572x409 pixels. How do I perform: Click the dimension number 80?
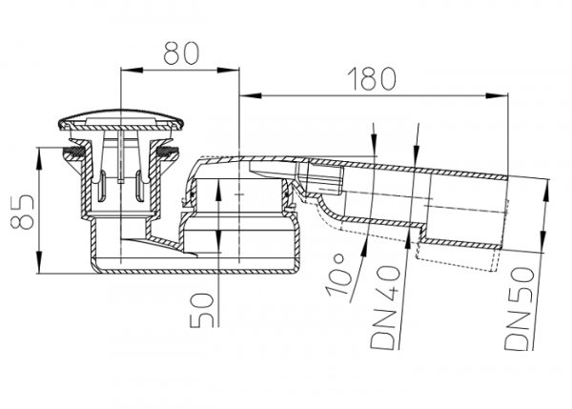tap(181, 53)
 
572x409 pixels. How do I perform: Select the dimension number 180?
tap(372, 79)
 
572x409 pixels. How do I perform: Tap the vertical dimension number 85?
tap(22, 212)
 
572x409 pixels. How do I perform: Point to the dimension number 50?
tap(202, 310)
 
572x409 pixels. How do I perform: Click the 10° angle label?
tap(338, 276)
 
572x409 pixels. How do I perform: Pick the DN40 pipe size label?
tap(384, 307)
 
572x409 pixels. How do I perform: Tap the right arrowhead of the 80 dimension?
tap(228, 70)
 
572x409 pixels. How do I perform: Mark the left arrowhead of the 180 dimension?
tap(251, 96)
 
